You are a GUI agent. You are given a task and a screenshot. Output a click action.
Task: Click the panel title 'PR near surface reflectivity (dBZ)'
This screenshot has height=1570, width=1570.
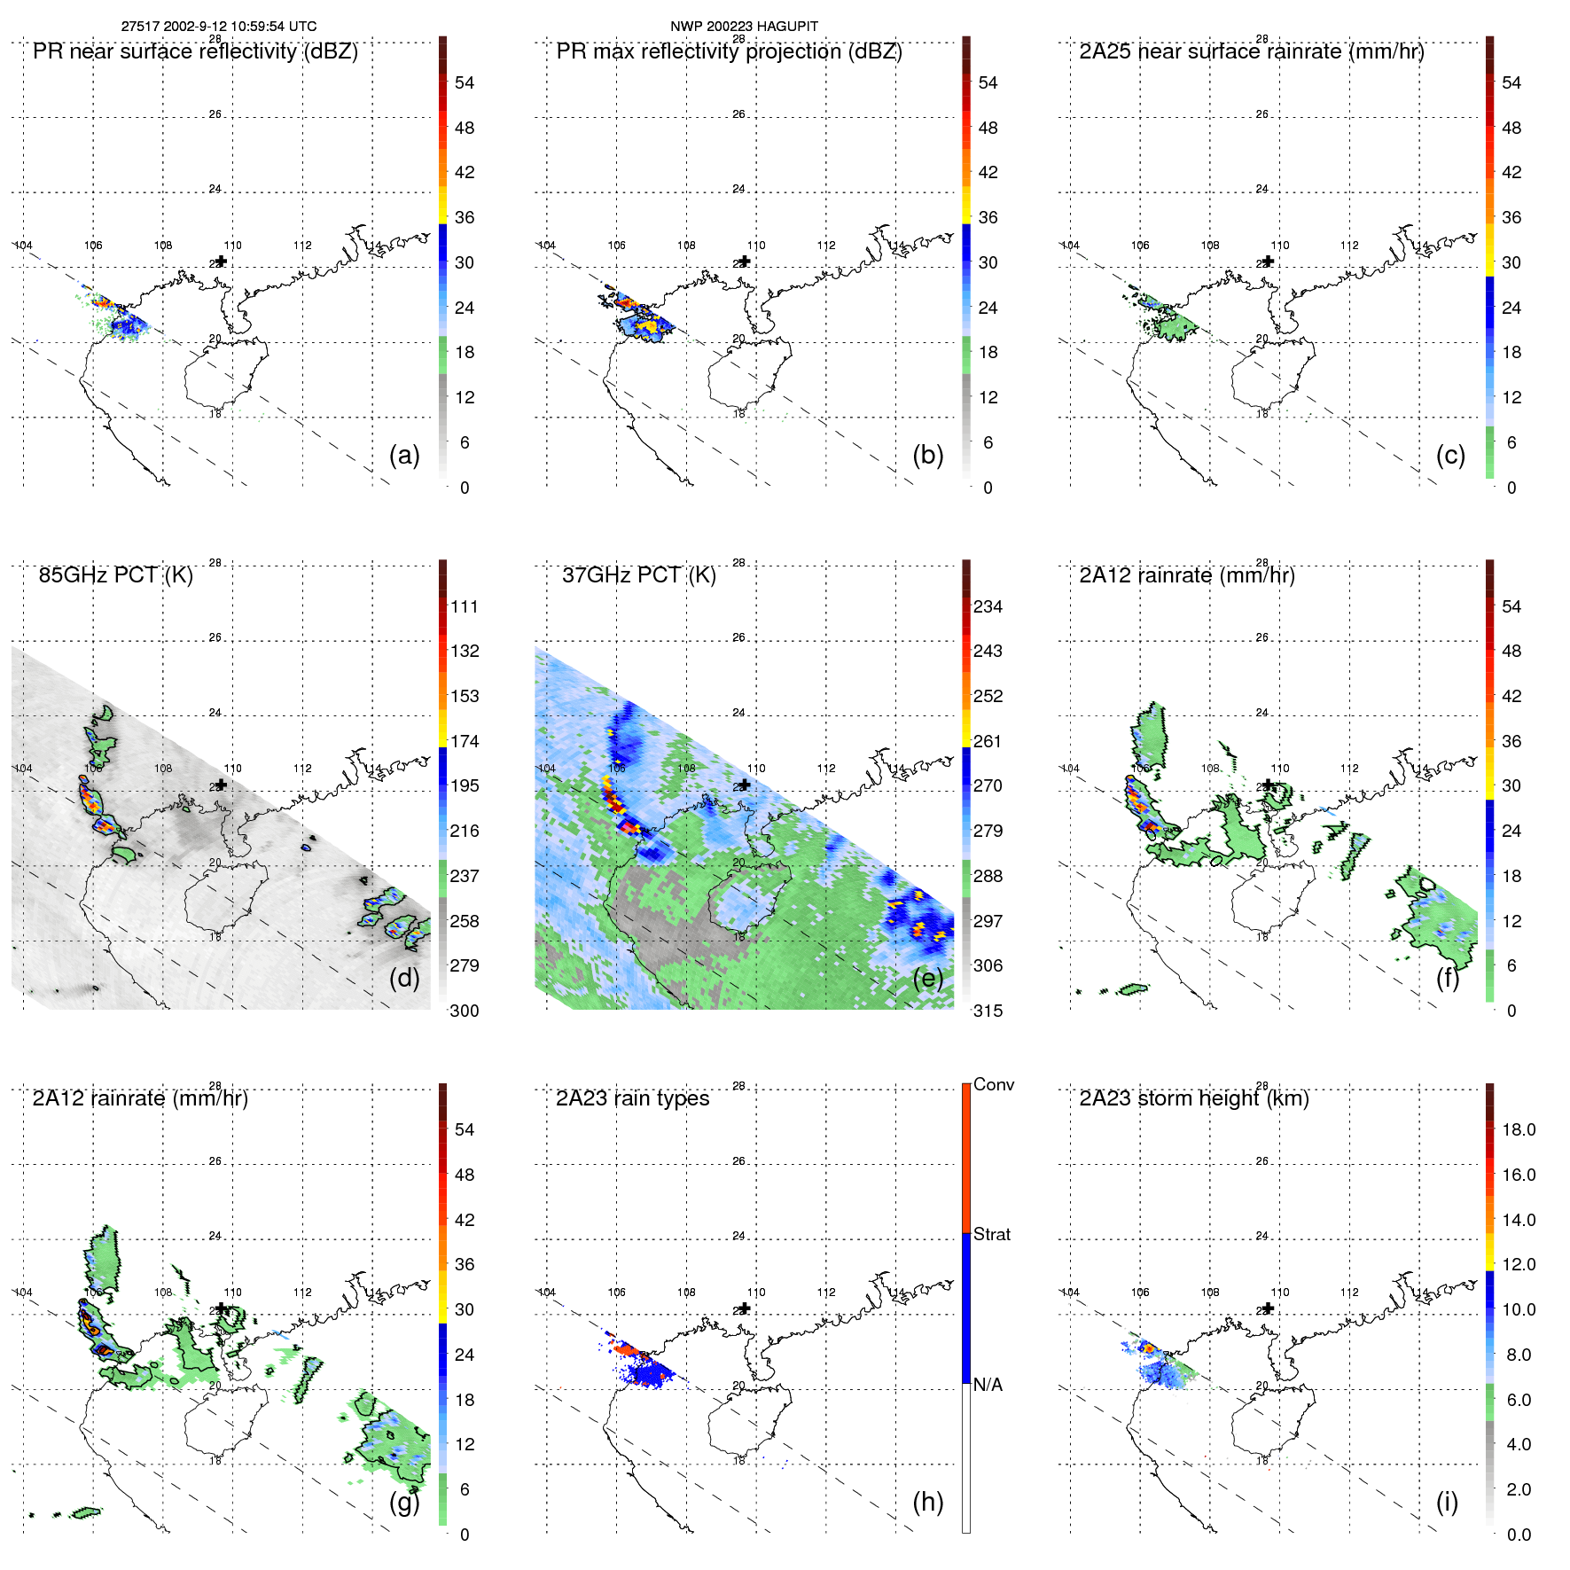[195, 51]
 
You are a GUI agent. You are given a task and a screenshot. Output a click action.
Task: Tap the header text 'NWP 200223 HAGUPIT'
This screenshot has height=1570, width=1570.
[744, 27]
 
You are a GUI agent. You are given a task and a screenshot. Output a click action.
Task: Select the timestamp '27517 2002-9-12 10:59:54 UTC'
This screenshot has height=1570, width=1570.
[219, 27]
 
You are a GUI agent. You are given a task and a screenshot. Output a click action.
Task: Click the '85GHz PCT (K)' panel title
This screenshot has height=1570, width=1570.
[115, 575]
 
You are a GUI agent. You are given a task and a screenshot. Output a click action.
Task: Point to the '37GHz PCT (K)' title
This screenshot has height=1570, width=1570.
[638, 575]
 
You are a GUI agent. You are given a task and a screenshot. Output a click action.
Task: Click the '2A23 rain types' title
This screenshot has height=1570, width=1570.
[632, 1098]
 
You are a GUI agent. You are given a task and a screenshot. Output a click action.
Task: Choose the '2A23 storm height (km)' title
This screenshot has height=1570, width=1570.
[1193, 1098]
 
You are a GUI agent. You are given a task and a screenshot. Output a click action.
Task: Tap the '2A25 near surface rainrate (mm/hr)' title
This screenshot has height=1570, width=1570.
[1251, 51]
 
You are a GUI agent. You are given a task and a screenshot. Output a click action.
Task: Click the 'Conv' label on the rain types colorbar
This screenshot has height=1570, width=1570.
[993, 1084]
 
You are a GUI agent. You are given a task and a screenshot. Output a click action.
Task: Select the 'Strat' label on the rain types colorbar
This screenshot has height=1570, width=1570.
[991, 1234]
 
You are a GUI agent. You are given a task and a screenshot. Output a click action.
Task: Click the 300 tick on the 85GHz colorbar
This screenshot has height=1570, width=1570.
[464, 1011]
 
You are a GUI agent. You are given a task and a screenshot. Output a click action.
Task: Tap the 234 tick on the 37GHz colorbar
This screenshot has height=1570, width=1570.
[988, 606]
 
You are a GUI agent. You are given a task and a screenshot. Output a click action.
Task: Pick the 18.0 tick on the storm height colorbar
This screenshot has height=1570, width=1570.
[1518, 1129]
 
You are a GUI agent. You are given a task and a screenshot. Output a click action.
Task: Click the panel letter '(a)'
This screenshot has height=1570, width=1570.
[404, 455]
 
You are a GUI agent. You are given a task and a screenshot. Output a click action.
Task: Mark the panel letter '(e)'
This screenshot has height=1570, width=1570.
[927, 978]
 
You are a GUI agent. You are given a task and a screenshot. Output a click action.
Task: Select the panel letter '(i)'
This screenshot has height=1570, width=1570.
[1447, 1502]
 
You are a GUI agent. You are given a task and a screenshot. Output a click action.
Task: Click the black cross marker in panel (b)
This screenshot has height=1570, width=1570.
[745, 262]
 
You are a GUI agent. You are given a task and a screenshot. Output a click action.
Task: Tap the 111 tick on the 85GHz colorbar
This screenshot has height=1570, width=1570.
[464, 606]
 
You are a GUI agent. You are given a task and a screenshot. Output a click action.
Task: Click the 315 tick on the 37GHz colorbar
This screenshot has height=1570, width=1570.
[988, 1011]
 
